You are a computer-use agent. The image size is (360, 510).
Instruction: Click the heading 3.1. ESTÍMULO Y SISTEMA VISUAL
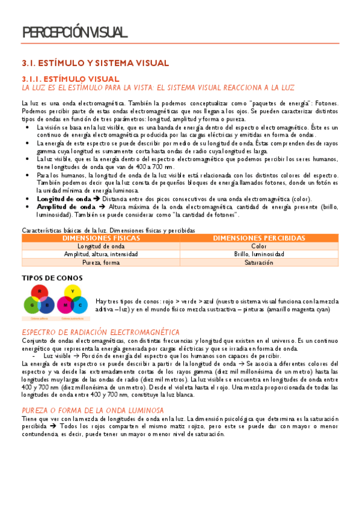[96, 63]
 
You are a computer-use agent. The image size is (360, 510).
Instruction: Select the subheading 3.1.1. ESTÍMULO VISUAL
[71, 79]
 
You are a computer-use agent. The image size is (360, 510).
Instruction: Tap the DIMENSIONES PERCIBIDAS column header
[259, 238]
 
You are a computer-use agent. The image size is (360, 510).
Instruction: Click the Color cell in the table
[259, 246]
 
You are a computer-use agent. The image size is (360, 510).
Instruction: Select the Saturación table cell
[259, 263]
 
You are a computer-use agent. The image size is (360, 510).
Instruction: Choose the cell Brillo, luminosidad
[259, 254]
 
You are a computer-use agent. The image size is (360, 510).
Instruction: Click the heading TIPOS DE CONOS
[49, 278]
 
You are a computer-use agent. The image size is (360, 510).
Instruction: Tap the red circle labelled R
[39, 291]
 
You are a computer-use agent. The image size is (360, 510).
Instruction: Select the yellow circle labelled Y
[72, 291]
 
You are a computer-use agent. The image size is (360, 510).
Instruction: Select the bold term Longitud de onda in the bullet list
[64, 198]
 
